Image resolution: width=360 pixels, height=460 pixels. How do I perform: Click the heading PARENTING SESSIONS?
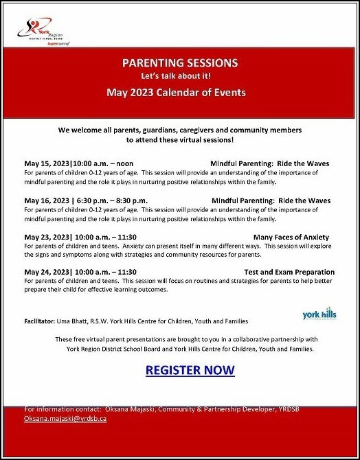tap(180, 63)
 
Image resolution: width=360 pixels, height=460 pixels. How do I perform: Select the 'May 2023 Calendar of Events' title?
tap(180, 91)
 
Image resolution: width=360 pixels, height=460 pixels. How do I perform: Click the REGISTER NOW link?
tap(190, 370)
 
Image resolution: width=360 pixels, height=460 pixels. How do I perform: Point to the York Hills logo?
tap(319, 314)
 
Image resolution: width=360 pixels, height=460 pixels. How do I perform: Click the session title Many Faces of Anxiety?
tap(291, 237)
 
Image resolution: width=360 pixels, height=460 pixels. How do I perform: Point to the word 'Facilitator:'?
tap(43, 321)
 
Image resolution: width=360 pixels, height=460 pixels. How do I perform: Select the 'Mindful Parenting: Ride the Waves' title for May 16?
tap(270, 200)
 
